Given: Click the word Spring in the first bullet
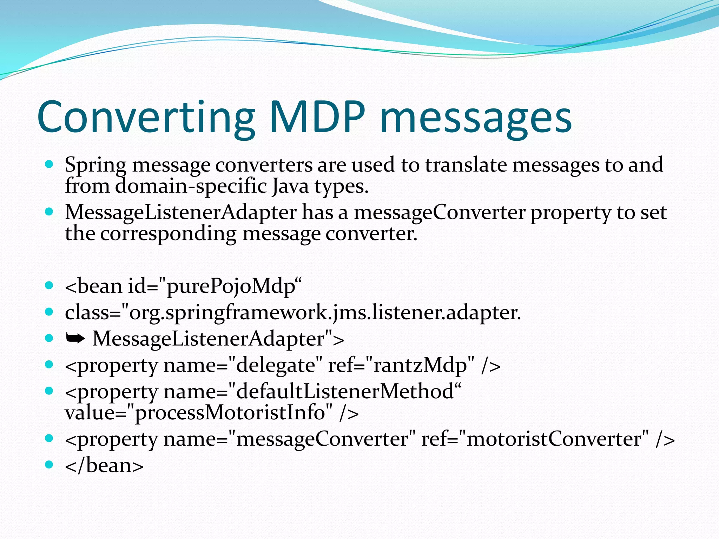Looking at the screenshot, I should click(95, 165).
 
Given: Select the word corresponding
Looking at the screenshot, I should click(169, 234).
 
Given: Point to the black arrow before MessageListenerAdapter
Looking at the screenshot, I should click(75, 338).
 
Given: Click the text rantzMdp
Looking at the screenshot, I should click(421, 365).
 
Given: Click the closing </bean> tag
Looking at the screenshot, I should click(104, 466).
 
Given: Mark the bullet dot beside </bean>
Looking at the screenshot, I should click(49, 465).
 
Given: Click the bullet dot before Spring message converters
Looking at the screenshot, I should click(49, 164).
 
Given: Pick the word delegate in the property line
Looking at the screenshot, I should click(276, 365).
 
